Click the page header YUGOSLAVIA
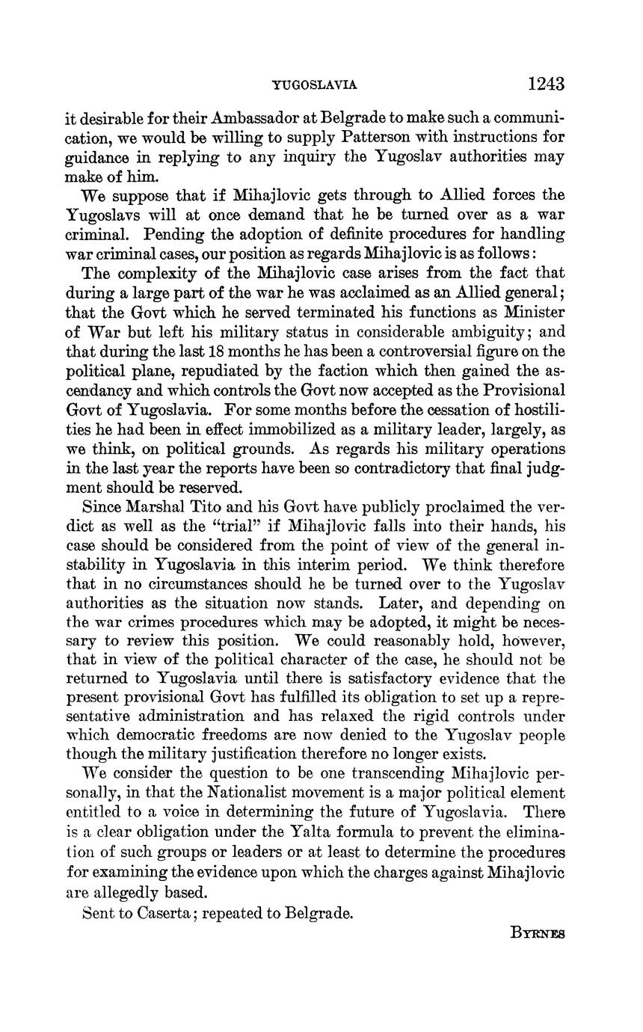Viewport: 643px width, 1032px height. pyautogui.click(x=314, y=85)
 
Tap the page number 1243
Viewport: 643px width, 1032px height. pyautogui.click(x=546, y=84)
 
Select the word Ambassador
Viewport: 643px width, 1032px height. pyautogui.click(x=256, y=118)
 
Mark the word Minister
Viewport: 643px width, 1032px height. pyautogui.click(x=534, y=313)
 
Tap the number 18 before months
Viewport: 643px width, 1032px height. pyautogui.click(x=218, y=351)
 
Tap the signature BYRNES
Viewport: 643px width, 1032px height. pyautogui.click(x=538, y=933)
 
